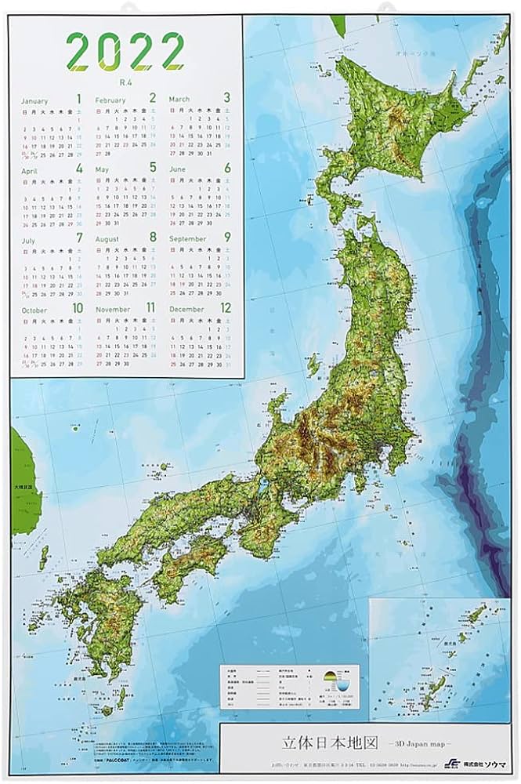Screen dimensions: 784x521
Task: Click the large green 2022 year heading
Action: click(x=126, y=52)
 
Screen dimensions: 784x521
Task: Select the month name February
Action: click(x=110, y=100)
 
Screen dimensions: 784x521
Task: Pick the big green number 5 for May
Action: click(x=153, y=168)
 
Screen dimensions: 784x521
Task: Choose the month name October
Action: click(x=35, y=310)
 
